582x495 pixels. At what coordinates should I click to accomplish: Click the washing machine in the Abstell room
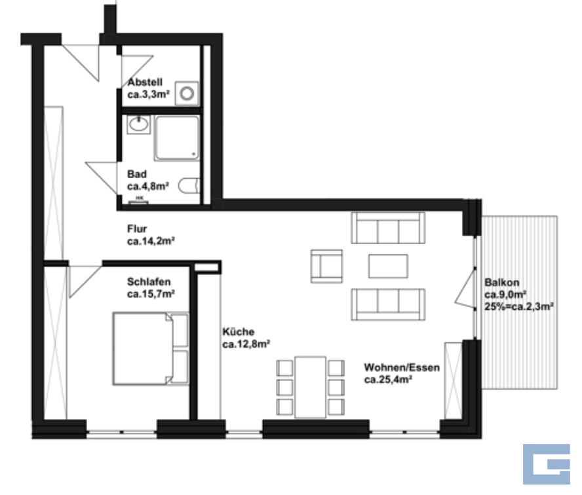pos(187,93)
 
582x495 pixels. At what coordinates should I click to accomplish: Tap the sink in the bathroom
pos(139,124)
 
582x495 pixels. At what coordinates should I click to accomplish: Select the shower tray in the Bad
pos(177,138)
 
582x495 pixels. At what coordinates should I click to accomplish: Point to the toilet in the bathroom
pos(189,186)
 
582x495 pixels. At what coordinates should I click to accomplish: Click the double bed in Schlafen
pos(151,348)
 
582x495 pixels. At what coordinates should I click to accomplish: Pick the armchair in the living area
pos(326,266)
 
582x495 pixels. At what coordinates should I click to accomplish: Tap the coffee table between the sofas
pos(388,266)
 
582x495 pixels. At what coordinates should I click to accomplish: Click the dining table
pos(310,387)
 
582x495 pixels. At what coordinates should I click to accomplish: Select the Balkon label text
pos(502,283)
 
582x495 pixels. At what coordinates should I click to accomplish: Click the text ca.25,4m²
pos(388,380)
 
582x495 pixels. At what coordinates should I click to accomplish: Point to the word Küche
pos(239,332)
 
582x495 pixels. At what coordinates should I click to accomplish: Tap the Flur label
pos(137,229)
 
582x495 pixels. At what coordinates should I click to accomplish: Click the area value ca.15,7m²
pos(151,294)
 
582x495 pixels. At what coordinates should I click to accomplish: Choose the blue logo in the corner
pos(547,464)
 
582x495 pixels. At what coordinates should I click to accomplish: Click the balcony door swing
pos(465,289)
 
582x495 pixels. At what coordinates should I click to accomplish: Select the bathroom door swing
pos(102,178)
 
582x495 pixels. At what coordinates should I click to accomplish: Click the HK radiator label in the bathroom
pos(140,198)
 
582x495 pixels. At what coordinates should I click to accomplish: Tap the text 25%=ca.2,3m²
pos(519,306)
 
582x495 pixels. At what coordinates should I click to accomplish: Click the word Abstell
pos(145,82)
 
